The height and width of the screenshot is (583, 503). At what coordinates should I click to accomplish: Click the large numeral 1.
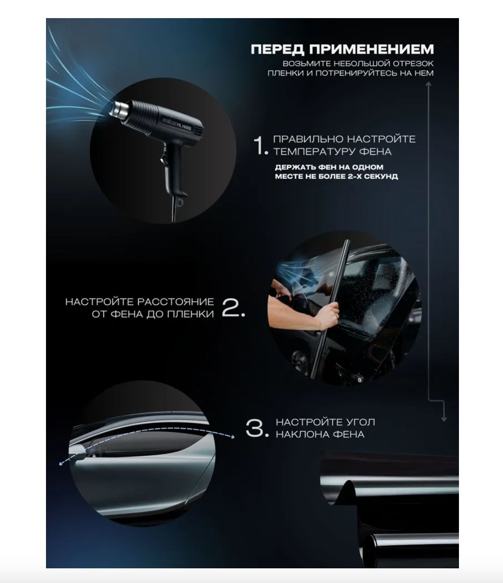click(x=261, y=145)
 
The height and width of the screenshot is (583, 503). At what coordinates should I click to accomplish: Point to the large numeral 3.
click(x=257, y=428)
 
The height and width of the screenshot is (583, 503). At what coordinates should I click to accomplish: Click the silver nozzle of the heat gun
click(x=119, y=109)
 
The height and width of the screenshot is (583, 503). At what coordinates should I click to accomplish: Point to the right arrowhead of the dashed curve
click(x=232, y=437)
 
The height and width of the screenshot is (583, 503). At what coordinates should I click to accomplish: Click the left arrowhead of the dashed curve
click(x=61, y=464)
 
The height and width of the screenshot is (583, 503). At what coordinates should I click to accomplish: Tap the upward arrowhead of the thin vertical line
click(x=429, y=85)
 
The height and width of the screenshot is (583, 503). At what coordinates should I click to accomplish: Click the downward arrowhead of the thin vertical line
click(x=443, y=419)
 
